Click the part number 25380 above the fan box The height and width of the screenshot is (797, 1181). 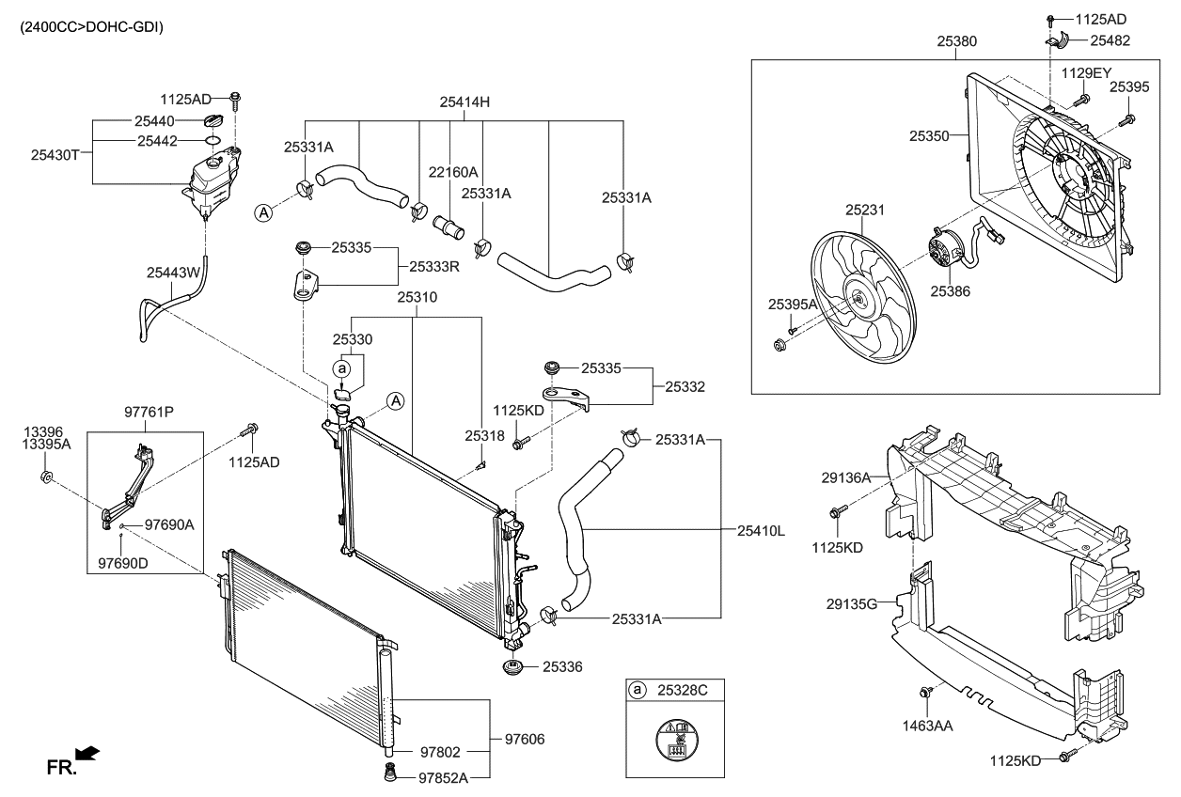coord(956,41)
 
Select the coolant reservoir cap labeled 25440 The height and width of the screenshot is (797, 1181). coord(213,120)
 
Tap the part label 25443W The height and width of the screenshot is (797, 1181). coord(173,273)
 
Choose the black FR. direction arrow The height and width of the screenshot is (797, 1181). coord(87,754)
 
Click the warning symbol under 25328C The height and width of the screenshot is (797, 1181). coord(677,740)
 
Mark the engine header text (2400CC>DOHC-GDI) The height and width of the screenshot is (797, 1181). coord(92,27)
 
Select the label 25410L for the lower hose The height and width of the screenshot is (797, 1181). coord(761,531)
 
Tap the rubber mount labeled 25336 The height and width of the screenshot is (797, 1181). coord(512,667)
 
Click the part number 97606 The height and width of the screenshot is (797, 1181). coord(525,739)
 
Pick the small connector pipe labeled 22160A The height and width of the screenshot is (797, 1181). coord(449,227)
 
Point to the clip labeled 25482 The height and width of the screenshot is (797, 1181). coord(1057,40)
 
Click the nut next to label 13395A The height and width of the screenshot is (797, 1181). coord(46,477)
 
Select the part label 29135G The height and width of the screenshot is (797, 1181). coord(852,604)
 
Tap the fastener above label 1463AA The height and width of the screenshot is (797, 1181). coord(924,692)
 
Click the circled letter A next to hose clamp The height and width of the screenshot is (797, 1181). coord(263,213)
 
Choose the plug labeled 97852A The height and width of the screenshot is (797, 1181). coord(389,772)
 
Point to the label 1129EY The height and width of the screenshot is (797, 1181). coord(1086,72)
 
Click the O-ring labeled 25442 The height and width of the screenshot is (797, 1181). coord(212,141)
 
